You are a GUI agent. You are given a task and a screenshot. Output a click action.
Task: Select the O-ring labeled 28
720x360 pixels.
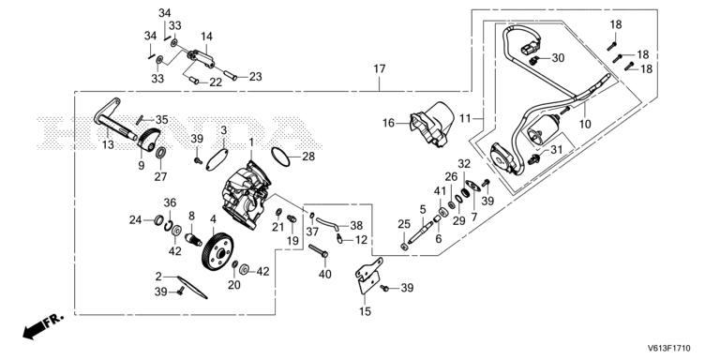[280, 157]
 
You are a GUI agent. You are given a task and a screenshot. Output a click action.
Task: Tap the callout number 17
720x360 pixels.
[380, 69]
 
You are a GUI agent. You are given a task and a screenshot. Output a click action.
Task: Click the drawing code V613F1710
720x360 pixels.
[669, 349]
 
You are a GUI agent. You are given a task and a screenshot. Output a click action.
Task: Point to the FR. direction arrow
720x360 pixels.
[42, 326]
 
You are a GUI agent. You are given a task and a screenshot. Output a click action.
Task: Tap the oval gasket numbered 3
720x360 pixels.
[217, 157]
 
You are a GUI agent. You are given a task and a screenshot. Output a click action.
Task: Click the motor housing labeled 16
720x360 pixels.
[432, 124]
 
